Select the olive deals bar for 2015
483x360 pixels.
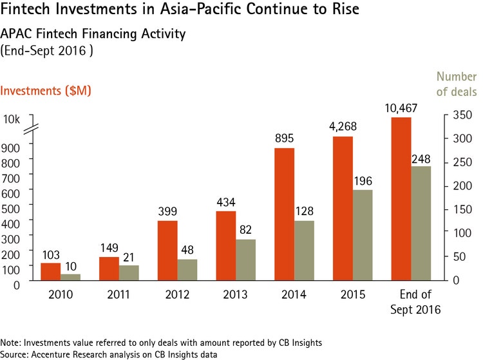(x=363, y=235)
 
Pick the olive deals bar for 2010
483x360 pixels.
(x=71, y=277)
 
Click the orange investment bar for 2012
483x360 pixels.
(x=167, y=251)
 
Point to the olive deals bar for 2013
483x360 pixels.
(x=246, y=260)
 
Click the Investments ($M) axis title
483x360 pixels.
(x=46, y=91)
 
